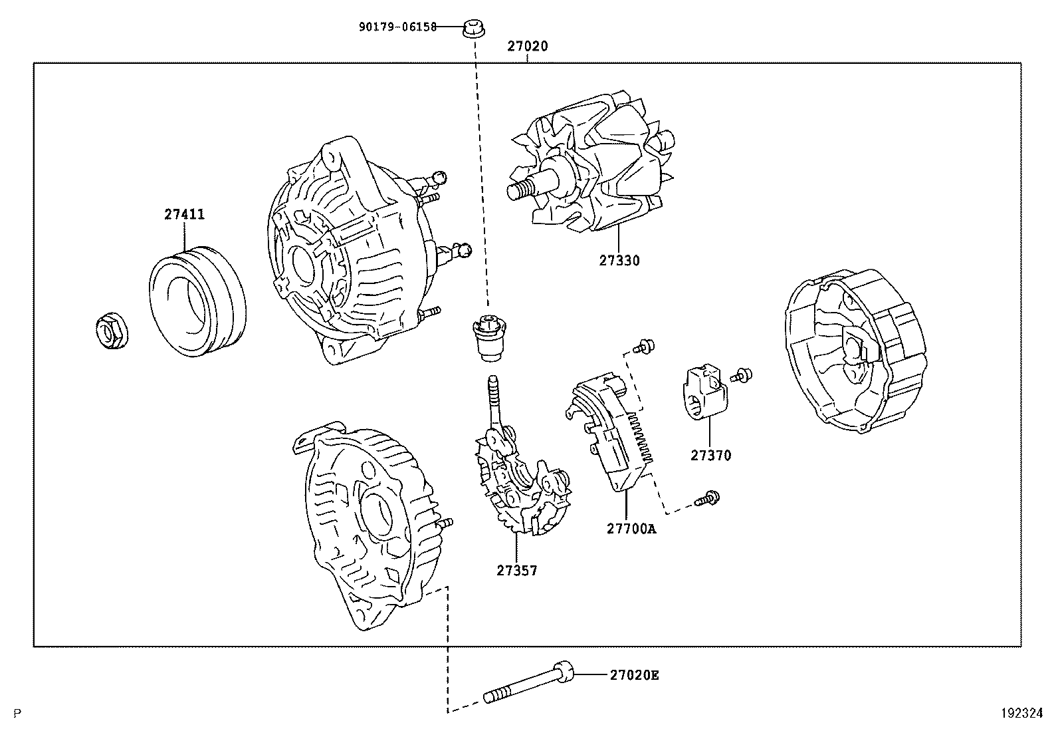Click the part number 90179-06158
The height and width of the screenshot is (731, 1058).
(x=397, y=27)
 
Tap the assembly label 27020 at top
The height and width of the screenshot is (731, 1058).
(x=528, y=47)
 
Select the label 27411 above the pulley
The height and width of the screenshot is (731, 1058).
(x=184, y=215)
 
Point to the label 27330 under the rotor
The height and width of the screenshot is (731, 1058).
(x=619, y=261)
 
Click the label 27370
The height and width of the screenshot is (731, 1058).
(x=710, y=456)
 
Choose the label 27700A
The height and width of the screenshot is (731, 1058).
(x=631, y=529)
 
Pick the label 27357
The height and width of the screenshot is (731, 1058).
(x=516, y=570)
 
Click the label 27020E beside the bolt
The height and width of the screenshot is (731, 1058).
(x=634, y=675)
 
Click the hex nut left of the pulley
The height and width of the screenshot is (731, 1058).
(x=110, y=331)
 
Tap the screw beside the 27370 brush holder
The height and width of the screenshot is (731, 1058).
(x=742, y=375)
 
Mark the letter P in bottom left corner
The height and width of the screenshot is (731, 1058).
(x=17, y=714)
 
